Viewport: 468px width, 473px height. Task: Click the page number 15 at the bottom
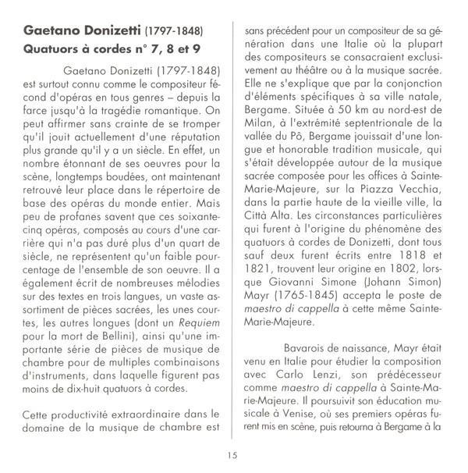pos(232,456)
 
